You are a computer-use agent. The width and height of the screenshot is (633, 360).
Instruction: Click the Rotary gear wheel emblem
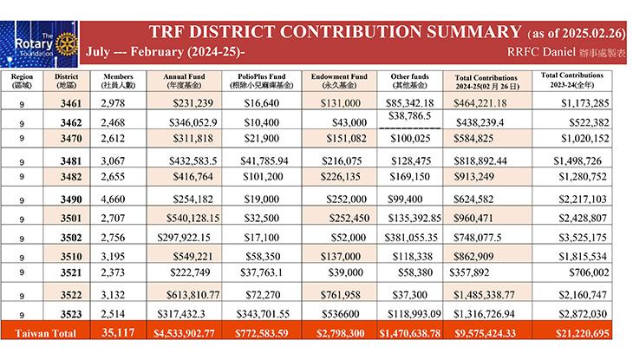point(67,43)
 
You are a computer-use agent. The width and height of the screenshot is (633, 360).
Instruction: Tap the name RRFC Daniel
point(541,52)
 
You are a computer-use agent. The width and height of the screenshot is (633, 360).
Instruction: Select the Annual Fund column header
point(184,81)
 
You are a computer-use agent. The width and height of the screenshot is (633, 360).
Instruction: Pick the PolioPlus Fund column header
point(261,81)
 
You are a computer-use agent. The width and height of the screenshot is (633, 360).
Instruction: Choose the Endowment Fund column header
point(339,81)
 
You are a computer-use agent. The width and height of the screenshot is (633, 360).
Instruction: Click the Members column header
point(118,81)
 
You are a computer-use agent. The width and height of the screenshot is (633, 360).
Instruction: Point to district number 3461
point(71,103)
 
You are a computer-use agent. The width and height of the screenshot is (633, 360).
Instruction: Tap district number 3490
point(71,200)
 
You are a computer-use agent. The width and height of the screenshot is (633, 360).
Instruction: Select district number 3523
point(71,314)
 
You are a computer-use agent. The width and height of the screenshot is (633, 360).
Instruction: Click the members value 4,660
point(113,200)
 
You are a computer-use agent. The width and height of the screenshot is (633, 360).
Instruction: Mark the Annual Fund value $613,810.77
point(193,295)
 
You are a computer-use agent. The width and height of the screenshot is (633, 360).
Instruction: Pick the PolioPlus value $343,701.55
point(263,314)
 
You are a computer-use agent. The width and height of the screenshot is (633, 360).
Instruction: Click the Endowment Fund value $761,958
point(340,295)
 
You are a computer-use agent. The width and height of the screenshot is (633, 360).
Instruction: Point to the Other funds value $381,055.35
point(411,238)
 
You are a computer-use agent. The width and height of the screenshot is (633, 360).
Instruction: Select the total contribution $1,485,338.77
point(484,295)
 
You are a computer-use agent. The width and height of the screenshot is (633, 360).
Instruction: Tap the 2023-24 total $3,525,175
point(583,238)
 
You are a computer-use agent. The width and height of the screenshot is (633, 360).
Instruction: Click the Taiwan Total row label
point(46,333)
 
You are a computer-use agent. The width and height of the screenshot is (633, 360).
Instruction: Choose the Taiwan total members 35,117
point(118,332)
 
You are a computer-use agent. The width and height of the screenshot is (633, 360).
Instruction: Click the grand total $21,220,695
point(582,333)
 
